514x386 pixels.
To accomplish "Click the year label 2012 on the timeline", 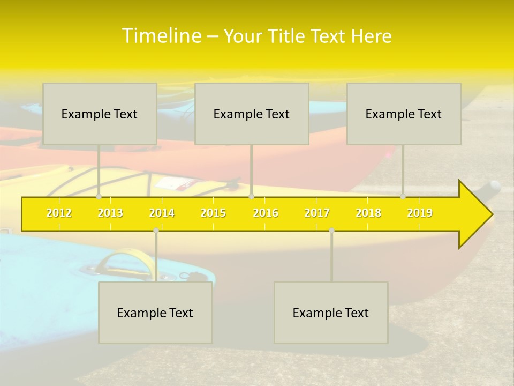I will (59, 213).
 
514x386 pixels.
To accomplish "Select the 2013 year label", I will (110, 213).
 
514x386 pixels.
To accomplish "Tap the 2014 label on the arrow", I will (162, 213).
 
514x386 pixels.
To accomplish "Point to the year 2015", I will (213, 213).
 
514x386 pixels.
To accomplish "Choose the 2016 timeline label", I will (266, 213).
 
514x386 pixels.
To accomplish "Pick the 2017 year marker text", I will (317, 213).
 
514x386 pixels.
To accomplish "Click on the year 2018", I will (368, 213).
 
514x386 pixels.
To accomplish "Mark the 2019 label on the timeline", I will (420, 213).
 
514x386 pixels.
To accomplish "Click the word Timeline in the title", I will (161, 36).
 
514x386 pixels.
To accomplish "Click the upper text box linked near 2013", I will (100, 114).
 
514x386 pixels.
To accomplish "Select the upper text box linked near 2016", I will (252, 114).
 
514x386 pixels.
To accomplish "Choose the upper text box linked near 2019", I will (404, 114).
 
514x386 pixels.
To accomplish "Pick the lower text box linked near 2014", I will (155, 313).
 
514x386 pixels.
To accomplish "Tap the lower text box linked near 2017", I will (331, 313).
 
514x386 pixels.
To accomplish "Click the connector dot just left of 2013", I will (99, 197).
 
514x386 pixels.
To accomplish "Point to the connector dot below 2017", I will (331, 230).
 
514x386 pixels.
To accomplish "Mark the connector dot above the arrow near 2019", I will (403, 197).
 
